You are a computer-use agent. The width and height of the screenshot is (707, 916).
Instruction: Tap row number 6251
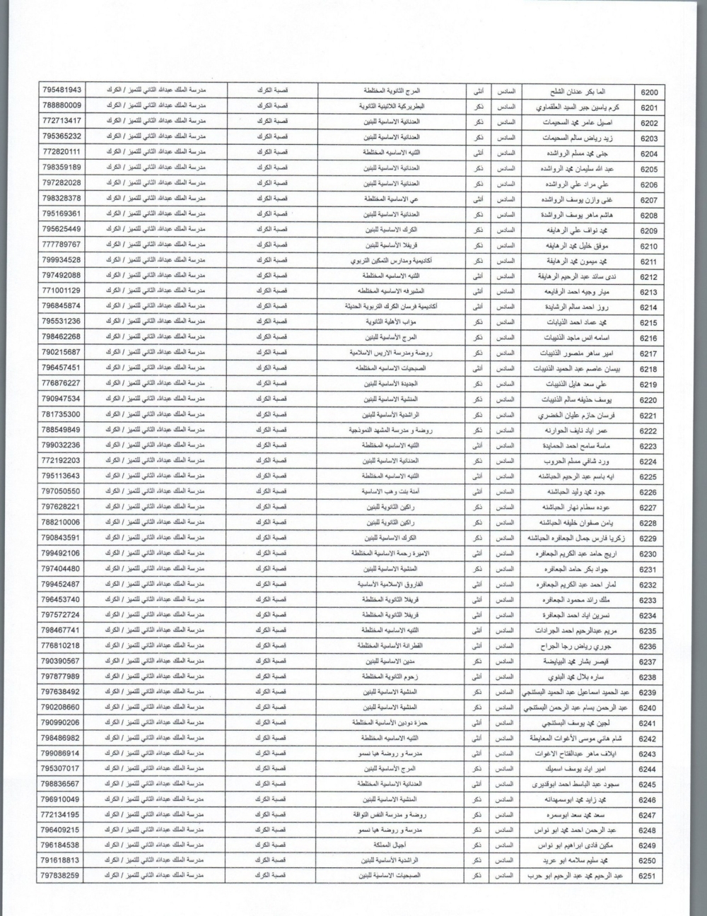pos(648,876)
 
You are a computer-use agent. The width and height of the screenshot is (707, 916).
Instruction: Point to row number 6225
pos(648,477)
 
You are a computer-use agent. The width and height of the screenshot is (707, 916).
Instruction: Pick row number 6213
pos(648,293)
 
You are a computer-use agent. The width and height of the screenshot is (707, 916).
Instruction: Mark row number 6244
pos(648,769)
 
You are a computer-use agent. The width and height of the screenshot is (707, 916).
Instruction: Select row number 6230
pos(648,554)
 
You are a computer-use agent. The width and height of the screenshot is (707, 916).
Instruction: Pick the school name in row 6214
pos(391,307)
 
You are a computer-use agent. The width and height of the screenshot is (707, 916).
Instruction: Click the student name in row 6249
pos(573,845)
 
